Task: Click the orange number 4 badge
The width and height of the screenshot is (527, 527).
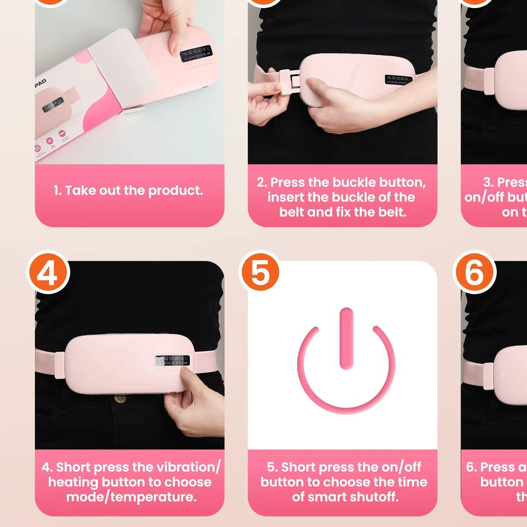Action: (x=48, y=272)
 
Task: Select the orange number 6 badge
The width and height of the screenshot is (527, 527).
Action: (x=475, y=272)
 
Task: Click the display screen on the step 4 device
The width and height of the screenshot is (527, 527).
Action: (x=172, y=361)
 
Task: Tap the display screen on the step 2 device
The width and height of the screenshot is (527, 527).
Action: (x=398, y=79)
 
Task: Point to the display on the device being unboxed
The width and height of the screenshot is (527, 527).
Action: (x=196, y=54)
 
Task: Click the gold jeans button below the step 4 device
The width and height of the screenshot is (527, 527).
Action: (x=120, y=399)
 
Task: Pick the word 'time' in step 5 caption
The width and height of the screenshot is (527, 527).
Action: (x=412, y=482)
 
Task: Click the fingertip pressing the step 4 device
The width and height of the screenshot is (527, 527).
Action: (x=186, y=371)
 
